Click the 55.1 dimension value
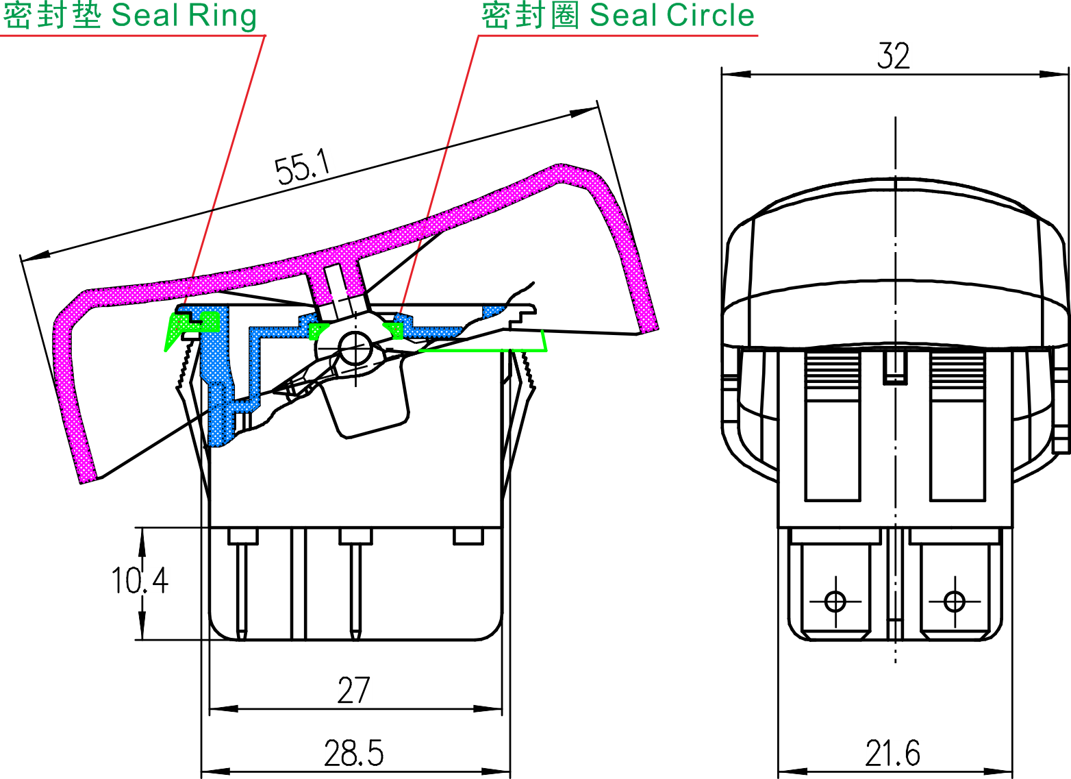pos(303,169)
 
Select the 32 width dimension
pos(893,56)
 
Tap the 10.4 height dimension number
pos(140,580)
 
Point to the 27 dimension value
pos(353,691)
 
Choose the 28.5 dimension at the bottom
pos(353,753)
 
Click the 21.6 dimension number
pos(892,753)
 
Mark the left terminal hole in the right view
pos(835,602)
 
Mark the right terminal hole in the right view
pos(954,602)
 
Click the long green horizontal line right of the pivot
pos(479,349)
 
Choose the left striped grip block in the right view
pos(833,373)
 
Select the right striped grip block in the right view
pos(957,373)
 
